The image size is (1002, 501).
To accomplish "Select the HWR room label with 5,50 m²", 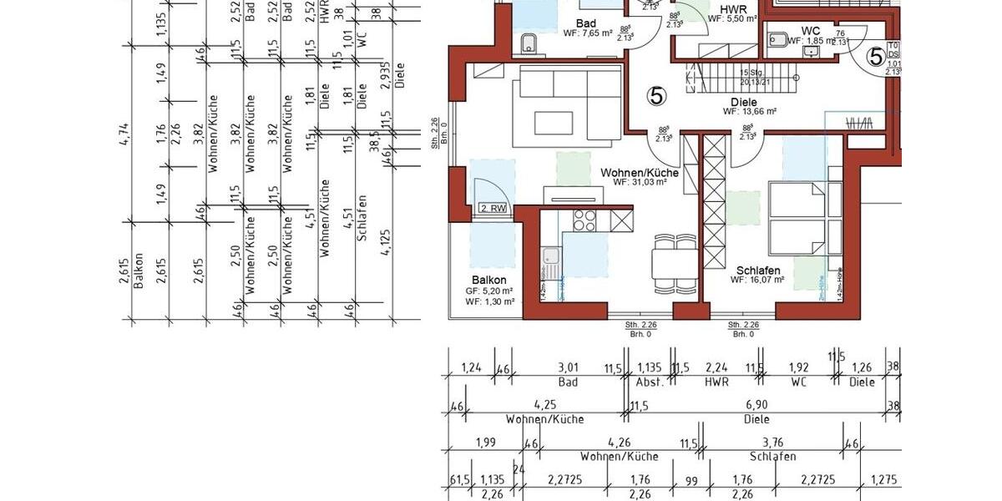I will point(732,12).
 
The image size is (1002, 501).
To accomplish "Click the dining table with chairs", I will point(675,261).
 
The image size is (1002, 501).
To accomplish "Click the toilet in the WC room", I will point(778,38).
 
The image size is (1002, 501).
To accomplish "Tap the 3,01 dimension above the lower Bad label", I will point(568,367).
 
